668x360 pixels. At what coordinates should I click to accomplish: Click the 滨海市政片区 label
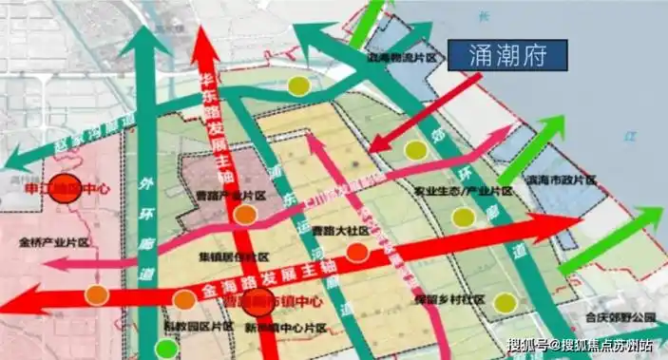(561, 180)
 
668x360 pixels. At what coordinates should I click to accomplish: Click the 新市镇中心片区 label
(285, 328)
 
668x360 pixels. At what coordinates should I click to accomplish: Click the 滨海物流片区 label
(407, 58)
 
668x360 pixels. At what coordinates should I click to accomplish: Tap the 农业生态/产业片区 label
(455, 191)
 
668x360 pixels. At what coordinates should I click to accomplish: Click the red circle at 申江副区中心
(65, 187)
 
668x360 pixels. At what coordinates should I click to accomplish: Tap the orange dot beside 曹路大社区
(357, 253)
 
